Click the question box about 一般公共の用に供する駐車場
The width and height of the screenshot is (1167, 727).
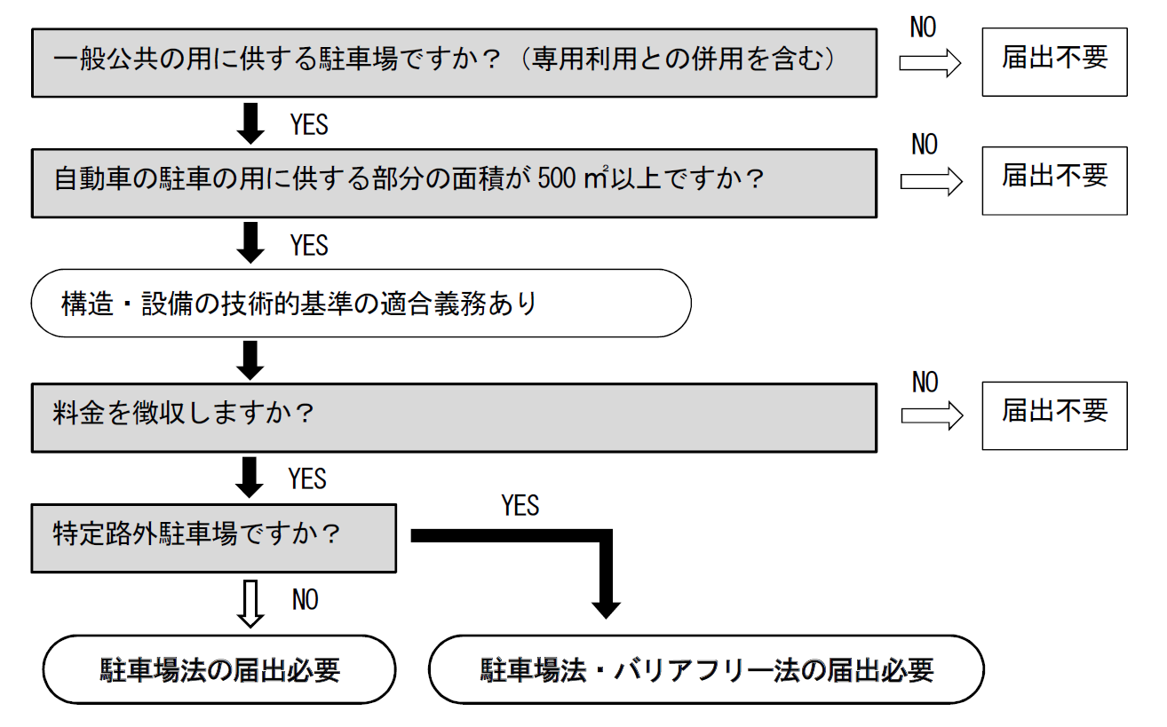pos(454,61)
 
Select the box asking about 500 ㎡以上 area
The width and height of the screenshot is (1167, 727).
pos(454,182)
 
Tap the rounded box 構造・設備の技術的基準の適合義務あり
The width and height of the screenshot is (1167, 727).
pos(361,303)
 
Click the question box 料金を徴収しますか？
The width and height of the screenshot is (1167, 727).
pos(454,417)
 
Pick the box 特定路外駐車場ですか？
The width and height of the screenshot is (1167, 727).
pos(213,538)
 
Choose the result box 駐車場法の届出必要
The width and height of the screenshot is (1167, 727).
pos(219,669)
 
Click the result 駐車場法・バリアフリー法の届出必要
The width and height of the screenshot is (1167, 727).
pos(706,669)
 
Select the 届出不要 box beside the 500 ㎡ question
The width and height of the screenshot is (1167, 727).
pos(1054,180)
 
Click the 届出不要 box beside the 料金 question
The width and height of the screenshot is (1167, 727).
pos(1054,415)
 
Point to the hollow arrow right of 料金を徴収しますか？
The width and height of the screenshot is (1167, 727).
pos(932,416)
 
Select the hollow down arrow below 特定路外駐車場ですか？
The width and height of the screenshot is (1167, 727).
pos(252,604)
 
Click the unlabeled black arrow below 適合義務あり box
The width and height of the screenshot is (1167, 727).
pos(252,359)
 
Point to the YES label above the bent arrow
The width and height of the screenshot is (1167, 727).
pos(520,506)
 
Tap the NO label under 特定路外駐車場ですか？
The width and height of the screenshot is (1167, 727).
pos(305,601)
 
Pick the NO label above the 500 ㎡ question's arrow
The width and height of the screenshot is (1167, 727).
pos(925,144)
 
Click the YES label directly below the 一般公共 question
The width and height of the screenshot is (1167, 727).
pos(308,125)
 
